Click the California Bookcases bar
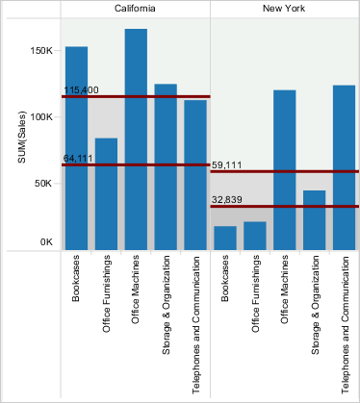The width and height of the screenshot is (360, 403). coord(76,148)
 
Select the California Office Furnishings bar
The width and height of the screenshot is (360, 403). coord(106,194)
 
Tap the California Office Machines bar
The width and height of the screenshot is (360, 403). coord(136,139)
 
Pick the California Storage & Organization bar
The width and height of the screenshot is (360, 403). coord(166,167)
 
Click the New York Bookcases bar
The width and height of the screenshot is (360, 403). coord(225,238)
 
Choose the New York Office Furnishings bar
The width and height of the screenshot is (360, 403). coord(255,236)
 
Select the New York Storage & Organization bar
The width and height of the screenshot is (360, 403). coord(314,220)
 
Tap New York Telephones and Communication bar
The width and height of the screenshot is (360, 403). coord(344,167)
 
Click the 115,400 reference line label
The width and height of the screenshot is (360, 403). coord(82,90)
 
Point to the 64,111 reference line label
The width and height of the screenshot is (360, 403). coord(78,159)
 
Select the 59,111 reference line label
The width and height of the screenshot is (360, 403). coord(227,165)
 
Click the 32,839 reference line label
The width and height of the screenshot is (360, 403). coord(227,200)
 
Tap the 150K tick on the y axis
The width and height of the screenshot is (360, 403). coord(41,51)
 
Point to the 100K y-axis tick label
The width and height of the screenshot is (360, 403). coord(41,117)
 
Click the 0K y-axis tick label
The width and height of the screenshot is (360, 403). coord(46,242)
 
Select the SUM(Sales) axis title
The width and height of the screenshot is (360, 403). coord(21,137)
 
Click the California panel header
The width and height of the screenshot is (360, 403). coord(135,9)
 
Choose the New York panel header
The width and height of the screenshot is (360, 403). coord(284,9)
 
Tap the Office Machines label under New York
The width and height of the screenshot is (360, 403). coord(284,290)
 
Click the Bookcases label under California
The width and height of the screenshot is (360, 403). coord(75,278)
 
